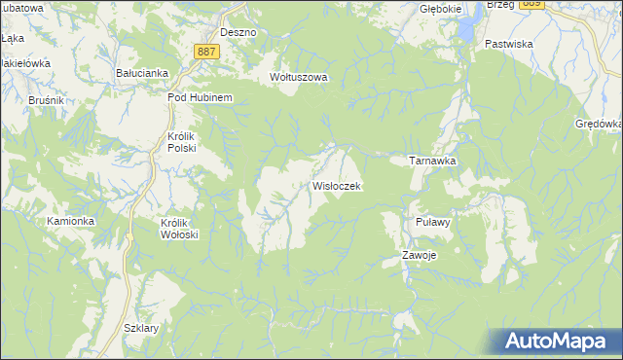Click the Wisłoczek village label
[x=337, y=185]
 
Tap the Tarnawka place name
[x=432, y=161]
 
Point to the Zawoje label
[x=420, y=255]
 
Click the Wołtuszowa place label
[x=299, y=77]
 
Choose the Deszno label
[x=238, y=32]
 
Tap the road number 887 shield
[x=205, y=51]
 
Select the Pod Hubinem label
[x=199, y=97]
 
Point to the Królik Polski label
[x=182, y=142]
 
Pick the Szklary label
[x=142, y=328]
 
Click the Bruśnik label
[x=18, y=99]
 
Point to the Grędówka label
[x=598, y=124]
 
